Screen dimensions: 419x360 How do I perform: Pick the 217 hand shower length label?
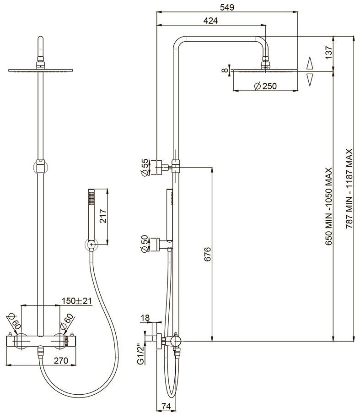tap(103, 216)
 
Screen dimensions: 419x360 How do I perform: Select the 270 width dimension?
tap(60, 361)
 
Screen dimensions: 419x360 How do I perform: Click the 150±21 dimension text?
tap(77, 301)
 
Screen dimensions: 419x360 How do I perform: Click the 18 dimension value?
tap(145, 317)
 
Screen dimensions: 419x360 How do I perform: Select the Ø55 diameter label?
tap(144, 167)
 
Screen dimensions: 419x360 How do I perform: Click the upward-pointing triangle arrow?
tap(310, 63)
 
